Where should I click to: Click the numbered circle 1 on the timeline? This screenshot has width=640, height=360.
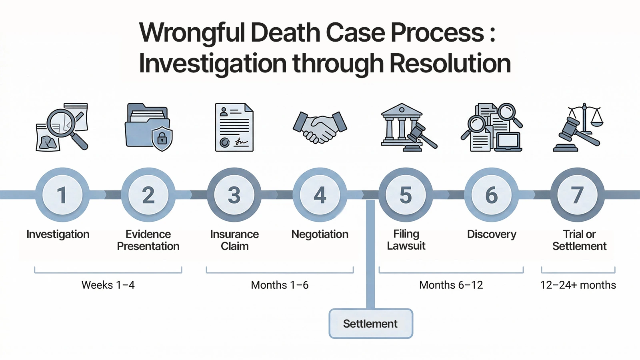[62, 195]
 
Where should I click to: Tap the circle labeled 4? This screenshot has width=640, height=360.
[320, 195]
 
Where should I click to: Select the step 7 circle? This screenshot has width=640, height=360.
[577, 195]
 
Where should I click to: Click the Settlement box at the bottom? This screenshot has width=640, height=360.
[370, 324]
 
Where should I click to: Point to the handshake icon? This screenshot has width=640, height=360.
[320, 127]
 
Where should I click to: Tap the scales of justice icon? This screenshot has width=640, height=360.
[578, 127]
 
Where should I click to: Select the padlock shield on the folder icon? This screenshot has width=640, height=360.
[162, 139]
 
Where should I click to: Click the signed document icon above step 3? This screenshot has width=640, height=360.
[234, 127]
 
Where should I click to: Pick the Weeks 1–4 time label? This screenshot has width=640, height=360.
[108, 285]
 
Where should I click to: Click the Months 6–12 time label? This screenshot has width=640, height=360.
[451, 285]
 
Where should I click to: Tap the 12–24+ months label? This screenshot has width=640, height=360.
[578, 285]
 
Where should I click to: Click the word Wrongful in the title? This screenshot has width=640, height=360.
[192, 33]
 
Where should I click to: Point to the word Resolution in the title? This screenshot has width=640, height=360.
[450, 64]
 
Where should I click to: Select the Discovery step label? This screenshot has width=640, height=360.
[492, 234]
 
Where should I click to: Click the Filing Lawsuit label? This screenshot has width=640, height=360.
[406, 240]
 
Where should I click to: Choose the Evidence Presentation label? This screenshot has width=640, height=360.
[148, 240]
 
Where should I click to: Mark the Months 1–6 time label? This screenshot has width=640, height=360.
[280, 285]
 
